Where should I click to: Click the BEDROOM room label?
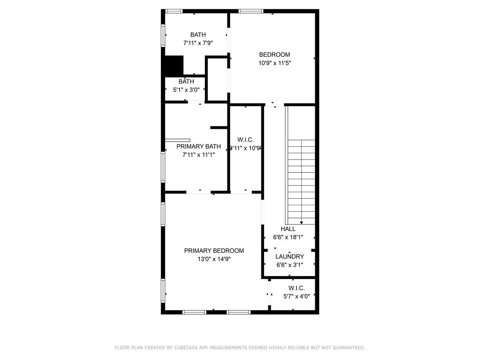[274, 55]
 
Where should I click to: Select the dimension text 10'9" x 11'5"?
[274, 63]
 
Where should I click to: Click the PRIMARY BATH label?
[198, 146]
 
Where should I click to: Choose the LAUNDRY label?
[289, 257]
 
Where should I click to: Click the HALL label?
[288, 229]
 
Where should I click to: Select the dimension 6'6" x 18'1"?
[288, 237]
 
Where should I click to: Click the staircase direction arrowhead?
[302, 222]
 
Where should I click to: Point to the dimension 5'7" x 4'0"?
[296, 296]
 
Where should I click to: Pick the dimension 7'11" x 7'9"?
[198, 43]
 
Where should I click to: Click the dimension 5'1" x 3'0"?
[186, 90]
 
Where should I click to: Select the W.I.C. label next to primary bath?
[245, 140]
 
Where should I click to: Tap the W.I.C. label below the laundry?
[296, 288]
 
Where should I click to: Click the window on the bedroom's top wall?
[250, 11]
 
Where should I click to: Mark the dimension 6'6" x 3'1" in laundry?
[289, 265]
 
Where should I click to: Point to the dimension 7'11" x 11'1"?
[198, 155]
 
